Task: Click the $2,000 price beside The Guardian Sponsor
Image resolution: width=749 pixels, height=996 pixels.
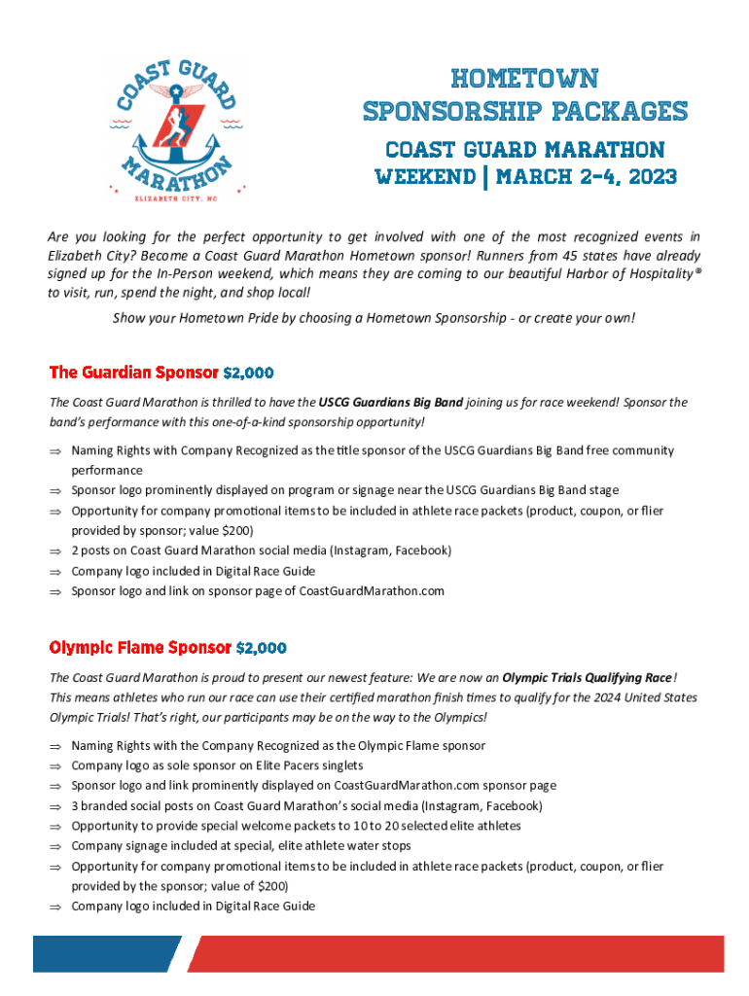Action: [248, 373]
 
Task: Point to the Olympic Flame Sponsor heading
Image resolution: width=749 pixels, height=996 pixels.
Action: [140, 648]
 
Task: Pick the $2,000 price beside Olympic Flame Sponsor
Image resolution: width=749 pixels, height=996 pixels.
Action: [261, 648]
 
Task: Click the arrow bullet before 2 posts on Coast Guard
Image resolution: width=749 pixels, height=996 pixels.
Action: [55, 551]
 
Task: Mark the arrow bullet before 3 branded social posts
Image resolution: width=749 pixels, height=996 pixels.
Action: [55, 806]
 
